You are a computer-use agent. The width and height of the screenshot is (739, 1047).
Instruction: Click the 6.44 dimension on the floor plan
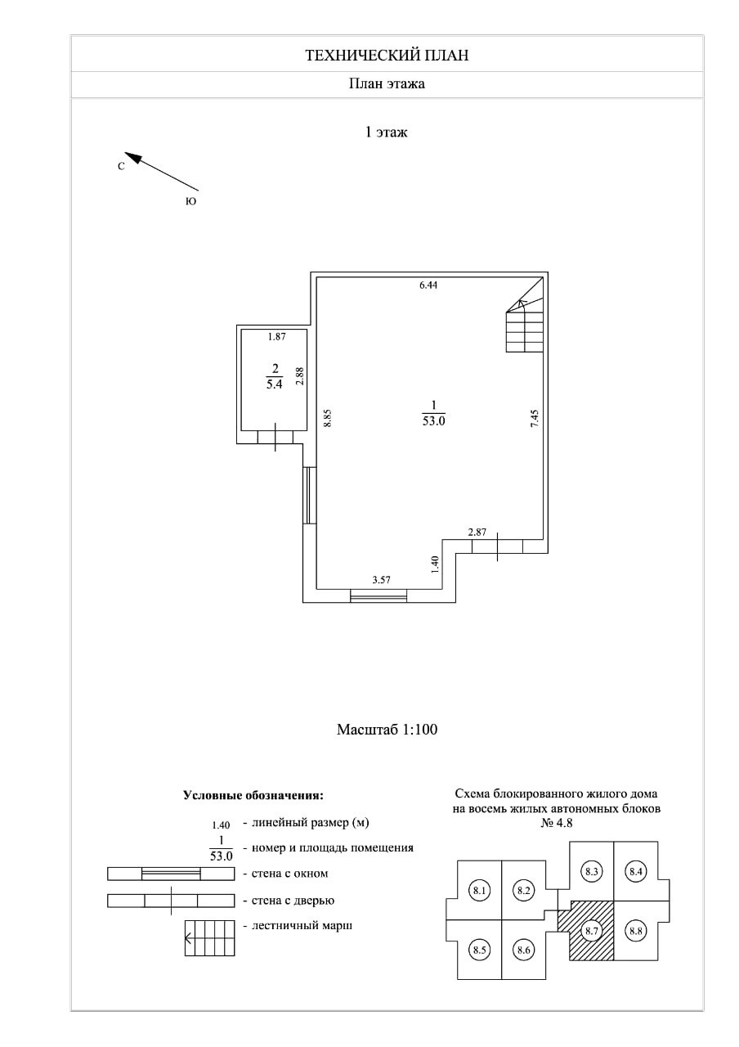(428, 285)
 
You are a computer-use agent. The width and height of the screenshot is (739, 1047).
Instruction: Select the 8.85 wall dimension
(326, 417)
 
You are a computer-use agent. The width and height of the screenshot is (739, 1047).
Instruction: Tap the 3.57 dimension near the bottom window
(381, 580)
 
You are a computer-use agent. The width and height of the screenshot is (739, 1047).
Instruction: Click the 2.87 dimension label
(477, 532)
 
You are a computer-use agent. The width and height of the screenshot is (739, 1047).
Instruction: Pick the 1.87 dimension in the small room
(277, 335)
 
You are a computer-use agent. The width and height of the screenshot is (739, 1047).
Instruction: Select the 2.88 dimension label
(300, 375)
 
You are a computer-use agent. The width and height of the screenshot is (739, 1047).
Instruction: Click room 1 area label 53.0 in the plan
(433, 421)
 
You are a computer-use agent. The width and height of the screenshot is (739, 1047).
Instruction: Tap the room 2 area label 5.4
(274, 386)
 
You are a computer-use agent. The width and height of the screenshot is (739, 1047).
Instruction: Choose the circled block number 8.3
(593, 872)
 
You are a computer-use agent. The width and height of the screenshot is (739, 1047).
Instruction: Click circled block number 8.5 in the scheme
(480, 950)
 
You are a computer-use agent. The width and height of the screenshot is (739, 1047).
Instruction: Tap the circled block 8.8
(635, 931)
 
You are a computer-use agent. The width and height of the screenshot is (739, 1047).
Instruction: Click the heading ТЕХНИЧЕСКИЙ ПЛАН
(387, 56)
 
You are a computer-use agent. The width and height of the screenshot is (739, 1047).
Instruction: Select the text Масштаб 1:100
(387, 730)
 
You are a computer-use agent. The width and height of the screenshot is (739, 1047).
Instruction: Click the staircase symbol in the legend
(210, 937)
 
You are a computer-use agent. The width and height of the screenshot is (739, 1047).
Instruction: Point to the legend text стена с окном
(290, 874)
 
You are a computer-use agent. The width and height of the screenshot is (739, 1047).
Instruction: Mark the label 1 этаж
(386, 131)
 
